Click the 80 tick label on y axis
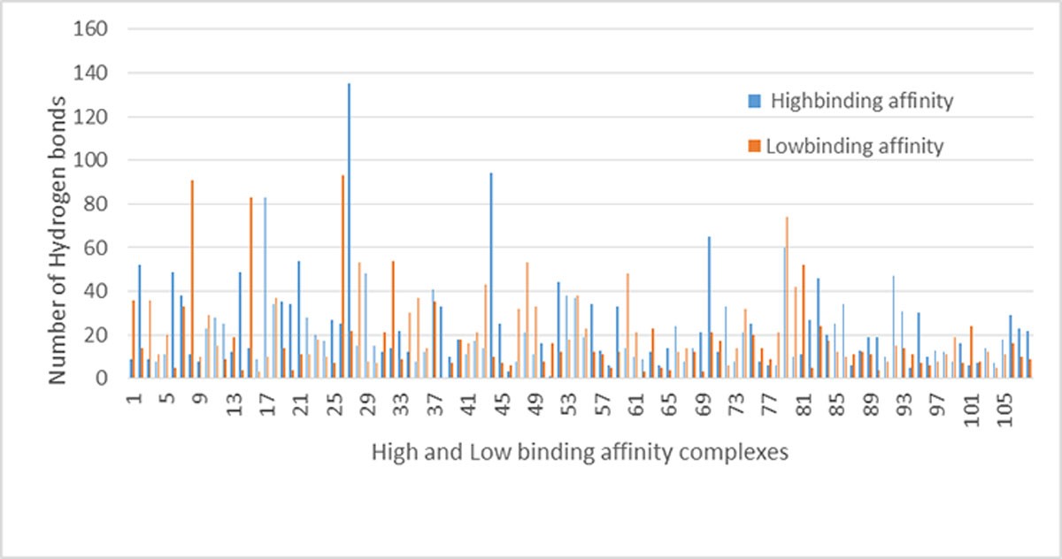click(93, 204)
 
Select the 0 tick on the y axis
click(101, 379)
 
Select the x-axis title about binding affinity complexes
click(579, 453)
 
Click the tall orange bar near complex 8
click(191, 279)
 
